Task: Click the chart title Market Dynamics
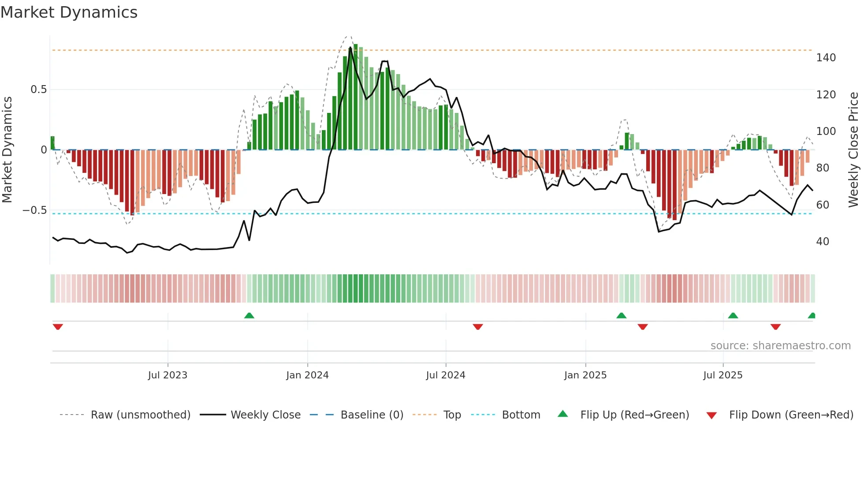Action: [x=69, y=12]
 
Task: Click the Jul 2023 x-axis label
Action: [x=168, y=375]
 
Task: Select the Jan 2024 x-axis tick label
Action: [x=307, y=375]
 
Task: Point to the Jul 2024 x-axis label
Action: [x=446, y=375]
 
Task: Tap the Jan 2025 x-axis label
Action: [x=585, y=375]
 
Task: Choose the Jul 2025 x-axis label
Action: [x=723, y=375]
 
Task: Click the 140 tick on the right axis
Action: [x=826, y=58]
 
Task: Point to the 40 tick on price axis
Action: [x=823, y=242]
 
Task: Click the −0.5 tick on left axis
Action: [x=34, y=210]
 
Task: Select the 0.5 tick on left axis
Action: [x=38, y=90]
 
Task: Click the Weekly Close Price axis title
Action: [x=853, y=150]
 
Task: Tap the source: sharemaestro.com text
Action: [x=780, y=346]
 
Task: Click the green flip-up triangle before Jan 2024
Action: [x=249, y=316]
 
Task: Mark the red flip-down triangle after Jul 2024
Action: [x=478, y=327]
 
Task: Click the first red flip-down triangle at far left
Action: [x=58, y=327]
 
